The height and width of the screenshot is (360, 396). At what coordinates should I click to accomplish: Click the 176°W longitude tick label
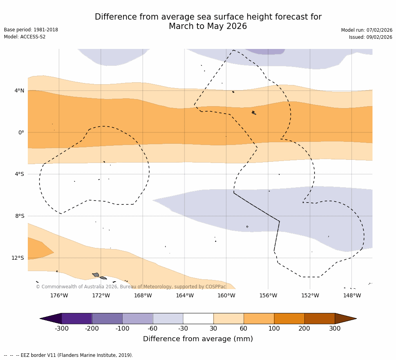click(59, 295)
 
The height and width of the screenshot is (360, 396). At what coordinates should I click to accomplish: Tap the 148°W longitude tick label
click(352, 295)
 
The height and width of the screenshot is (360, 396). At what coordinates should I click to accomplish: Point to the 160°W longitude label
click(226, 295)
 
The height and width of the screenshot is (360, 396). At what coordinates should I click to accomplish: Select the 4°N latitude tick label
click(19, 91)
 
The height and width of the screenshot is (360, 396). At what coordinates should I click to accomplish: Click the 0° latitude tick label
click(21, 132)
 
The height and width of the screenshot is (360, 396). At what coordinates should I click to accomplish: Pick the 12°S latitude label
click(18, 258)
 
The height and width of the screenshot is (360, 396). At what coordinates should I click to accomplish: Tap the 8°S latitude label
click(20, 216)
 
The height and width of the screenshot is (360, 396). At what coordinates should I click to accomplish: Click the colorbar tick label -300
click(61, 329)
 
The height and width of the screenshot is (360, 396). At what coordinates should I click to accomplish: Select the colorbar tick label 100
click(274, 329)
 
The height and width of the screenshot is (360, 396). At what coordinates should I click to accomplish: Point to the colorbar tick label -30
click(183, 329)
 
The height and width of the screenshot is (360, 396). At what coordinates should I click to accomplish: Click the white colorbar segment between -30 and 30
click(198, 318)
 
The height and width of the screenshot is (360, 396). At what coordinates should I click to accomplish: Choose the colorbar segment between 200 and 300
click(320, 318)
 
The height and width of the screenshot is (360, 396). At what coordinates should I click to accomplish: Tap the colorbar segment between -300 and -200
click(77, 318)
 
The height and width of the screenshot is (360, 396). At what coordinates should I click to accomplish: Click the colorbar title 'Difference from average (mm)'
click(198, 339)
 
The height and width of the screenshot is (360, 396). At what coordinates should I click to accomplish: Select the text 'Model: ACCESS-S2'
click(25, 37)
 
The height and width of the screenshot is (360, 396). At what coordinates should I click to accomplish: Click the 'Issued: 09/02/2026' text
click(371, 37)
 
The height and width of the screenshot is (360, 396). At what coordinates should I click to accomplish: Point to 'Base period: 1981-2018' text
click(31, 30)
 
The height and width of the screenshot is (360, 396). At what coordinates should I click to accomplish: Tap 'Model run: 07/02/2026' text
click(367, 30)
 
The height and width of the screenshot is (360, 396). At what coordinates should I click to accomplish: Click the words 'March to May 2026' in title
click(208, 26)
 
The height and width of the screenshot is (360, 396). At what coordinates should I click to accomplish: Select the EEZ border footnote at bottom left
click(69, 355)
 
